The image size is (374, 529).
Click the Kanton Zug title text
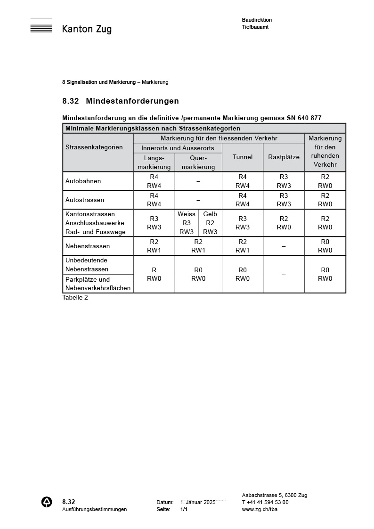click(x=87, y=29)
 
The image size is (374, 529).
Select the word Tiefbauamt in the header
click(x=255, y=27)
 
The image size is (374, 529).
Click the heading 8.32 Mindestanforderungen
click(x=121, y=101)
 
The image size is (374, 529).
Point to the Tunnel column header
click(x=243, y=157)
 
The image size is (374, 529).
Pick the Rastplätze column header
click(x=284, y=157)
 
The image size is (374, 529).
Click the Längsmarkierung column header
click(x=154, y=162)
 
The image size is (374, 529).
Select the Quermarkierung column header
click(x=198, y=162)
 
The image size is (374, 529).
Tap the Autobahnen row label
click(x=83, y=181)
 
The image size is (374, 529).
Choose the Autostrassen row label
click(x=85, y=200)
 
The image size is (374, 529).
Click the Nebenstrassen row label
click(x=88, y=246)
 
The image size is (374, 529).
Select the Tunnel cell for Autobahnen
click(x=243, y=181)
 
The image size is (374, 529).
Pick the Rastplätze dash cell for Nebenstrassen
click(x=284, y=246)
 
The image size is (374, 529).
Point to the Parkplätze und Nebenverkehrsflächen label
click(x=98, y=284)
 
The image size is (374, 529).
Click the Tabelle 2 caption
click(x=75, y=297)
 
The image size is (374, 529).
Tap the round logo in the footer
click(x=47, y=502)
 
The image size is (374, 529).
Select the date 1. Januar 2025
click(x=198, y=502)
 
